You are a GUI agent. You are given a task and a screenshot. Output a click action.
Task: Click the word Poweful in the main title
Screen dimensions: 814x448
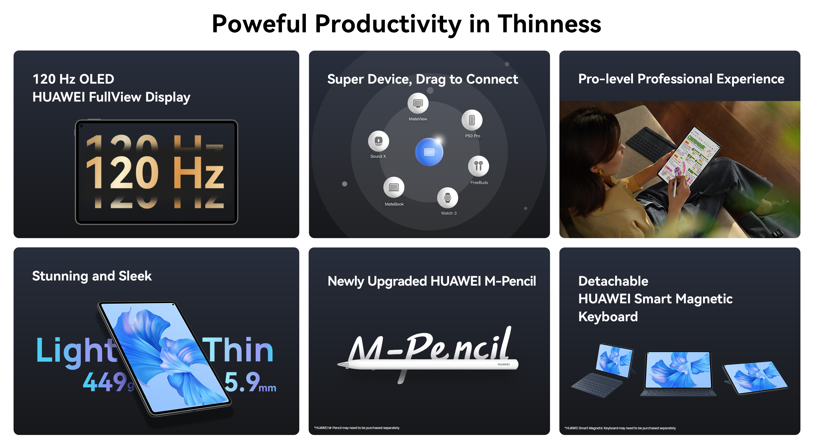pyautogui.click(x=259, y=24)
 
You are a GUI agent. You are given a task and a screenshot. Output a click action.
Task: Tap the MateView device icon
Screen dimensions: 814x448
pyautogui.click(x=418, y=103)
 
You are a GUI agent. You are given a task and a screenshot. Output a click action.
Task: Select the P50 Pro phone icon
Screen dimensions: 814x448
pyautogui.click(x=472, y=120)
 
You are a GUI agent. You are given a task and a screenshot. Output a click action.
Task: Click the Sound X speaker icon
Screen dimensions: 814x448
pyautogui.click(x=378, y=141)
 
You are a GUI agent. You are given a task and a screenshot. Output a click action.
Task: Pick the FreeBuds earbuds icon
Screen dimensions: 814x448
pyautogui.click(x=478, y=166)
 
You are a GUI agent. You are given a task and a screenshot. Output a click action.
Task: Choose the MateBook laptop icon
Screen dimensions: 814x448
pyautogui.click(x=394, y=187)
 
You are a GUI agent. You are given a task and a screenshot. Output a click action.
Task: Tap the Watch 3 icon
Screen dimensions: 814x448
pyautogui.click(x=447, y=198)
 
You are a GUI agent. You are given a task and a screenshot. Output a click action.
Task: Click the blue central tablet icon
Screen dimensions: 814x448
pyautogui.click(x=429, y=152)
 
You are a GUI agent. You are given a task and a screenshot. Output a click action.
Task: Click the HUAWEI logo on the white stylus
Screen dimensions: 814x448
pyautogui.click(x=504, y=364)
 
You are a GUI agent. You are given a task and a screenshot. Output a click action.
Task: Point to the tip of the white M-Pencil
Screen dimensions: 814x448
pyautogui.click(x=338, y=364)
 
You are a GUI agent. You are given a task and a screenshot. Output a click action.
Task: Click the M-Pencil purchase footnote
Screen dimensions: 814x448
pyautogui.click(x=357, y=428)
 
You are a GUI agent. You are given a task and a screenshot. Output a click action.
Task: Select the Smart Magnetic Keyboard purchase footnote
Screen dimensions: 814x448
pyautogui.click(x=620, y=428)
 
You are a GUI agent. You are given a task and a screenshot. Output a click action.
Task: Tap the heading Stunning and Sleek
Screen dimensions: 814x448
pyautogui.click(x=92, y=276)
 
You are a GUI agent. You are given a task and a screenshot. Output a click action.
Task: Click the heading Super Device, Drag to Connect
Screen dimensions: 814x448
pyautogui.click(x=422, y=79)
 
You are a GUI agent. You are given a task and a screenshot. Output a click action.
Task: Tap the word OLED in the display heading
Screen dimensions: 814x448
pyautogui.click(x=97, y=79)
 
